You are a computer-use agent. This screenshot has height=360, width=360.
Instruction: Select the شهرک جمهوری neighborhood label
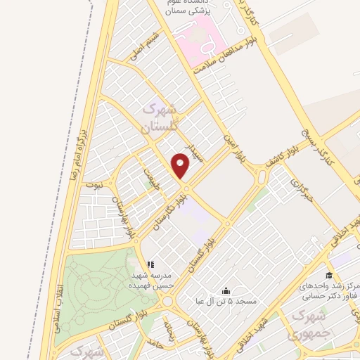coord(308,324)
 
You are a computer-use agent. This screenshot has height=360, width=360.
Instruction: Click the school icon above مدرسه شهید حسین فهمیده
coord(149,265)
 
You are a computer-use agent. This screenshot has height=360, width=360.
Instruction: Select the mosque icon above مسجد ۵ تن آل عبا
coord(226,290)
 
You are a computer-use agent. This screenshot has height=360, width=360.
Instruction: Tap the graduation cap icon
coord(328,275)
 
